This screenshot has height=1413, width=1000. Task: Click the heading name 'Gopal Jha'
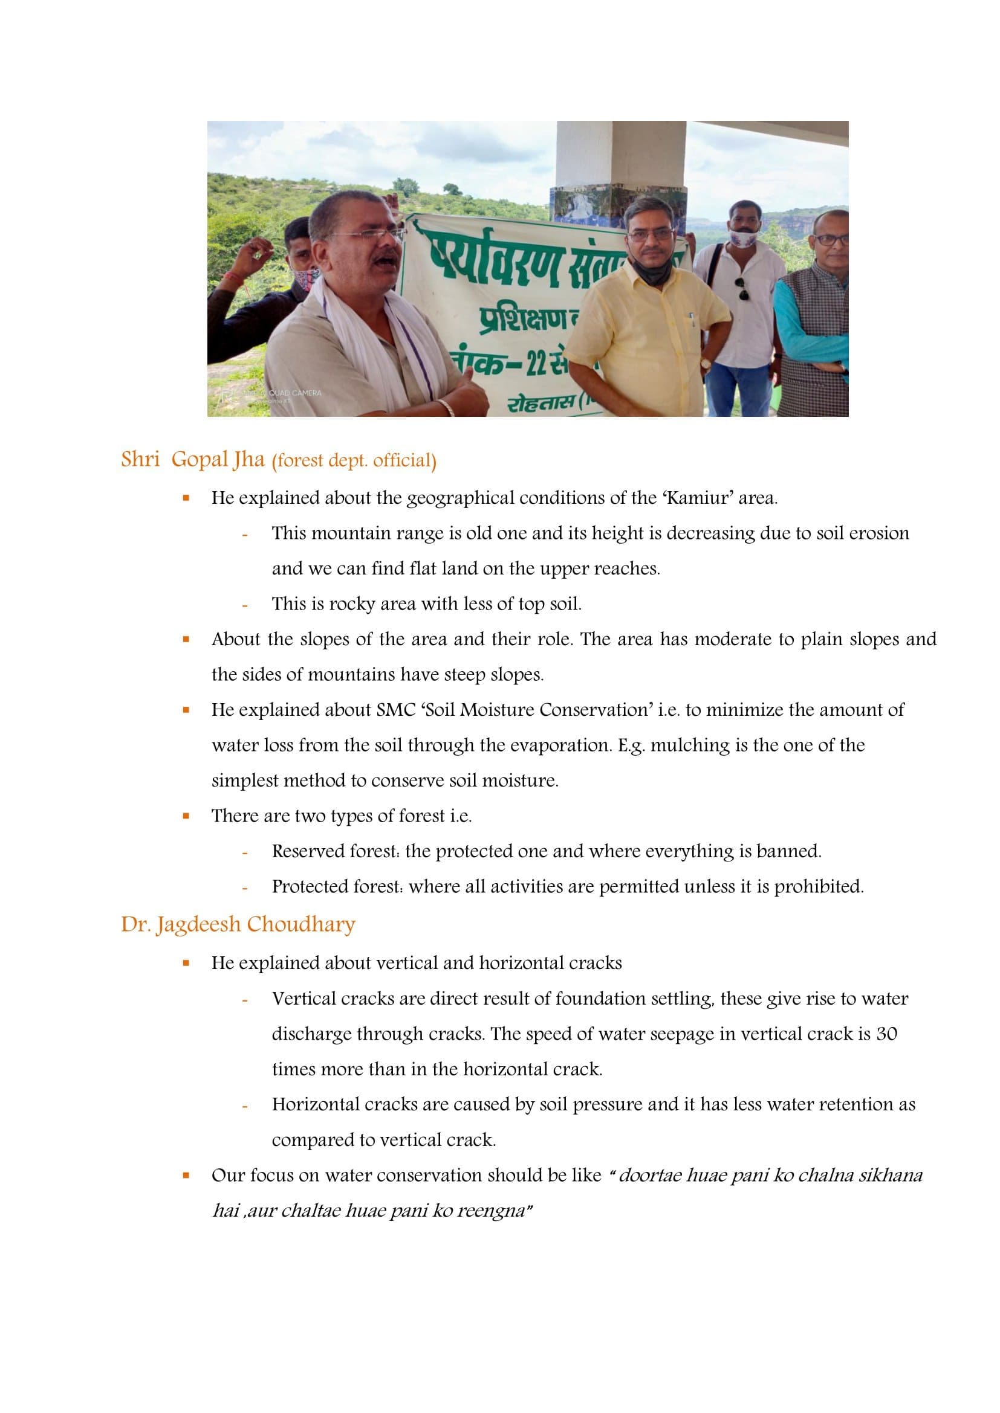point(218,460)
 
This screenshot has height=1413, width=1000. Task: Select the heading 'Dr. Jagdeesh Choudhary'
point(238,924)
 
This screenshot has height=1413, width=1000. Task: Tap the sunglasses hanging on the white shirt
point(741,288)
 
